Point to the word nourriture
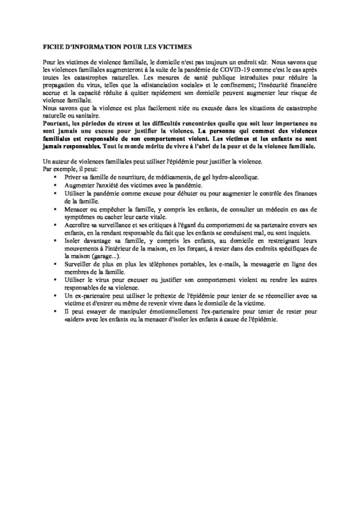[x=124, y=177]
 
